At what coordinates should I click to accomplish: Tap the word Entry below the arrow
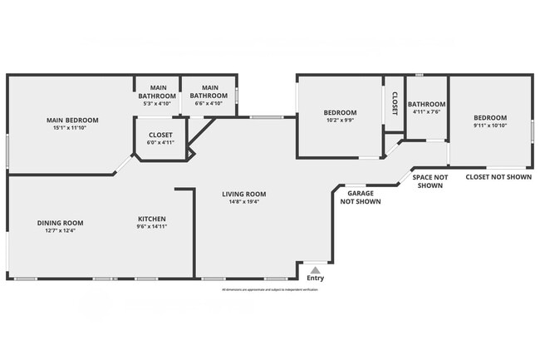(315, 279)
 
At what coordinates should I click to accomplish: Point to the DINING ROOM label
(61, 222)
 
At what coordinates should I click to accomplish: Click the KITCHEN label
(152, 219)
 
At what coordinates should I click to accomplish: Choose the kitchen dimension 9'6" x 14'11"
(152, 226)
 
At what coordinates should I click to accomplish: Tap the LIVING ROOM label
(243, 195)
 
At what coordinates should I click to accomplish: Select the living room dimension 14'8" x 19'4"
(243, 202)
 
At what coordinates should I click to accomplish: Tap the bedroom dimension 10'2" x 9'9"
(340, 121)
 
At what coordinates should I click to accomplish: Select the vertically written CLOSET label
(395, 103)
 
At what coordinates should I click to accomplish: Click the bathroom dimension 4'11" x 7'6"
(427, 111)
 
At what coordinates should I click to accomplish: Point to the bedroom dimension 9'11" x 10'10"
(490, 126)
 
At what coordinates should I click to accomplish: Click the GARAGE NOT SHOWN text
(359, 197)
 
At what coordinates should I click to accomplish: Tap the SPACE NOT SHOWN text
(430, 181)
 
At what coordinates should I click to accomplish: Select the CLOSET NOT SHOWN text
(497, 176)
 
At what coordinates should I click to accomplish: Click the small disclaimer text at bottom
(270, 289)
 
